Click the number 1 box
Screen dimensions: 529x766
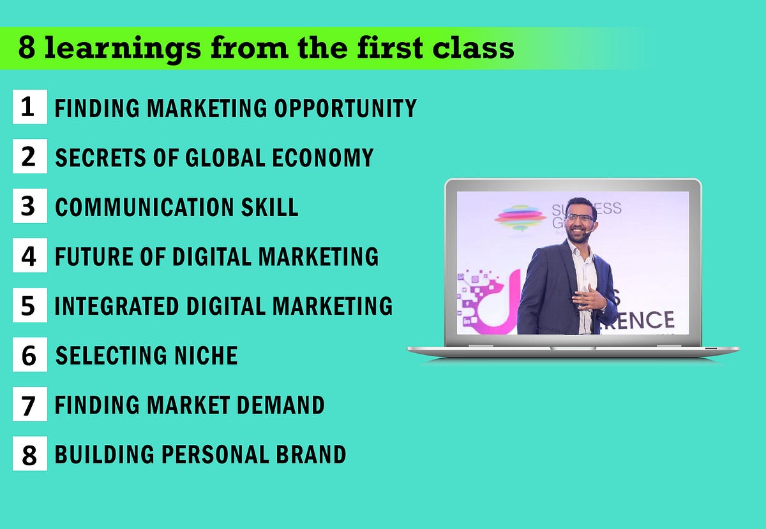pos(29,106)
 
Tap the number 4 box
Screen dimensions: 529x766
pos(29,256)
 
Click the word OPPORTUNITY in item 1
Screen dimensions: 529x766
pos(345,108)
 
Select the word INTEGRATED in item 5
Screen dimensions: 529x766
pos(117,305)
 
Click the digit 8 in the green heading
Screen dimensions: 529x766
pos(26,48)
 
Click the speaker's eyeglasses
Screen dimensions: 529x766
pos(580,217)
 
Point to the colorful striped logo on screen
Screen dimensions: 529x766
pos(520,216)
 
